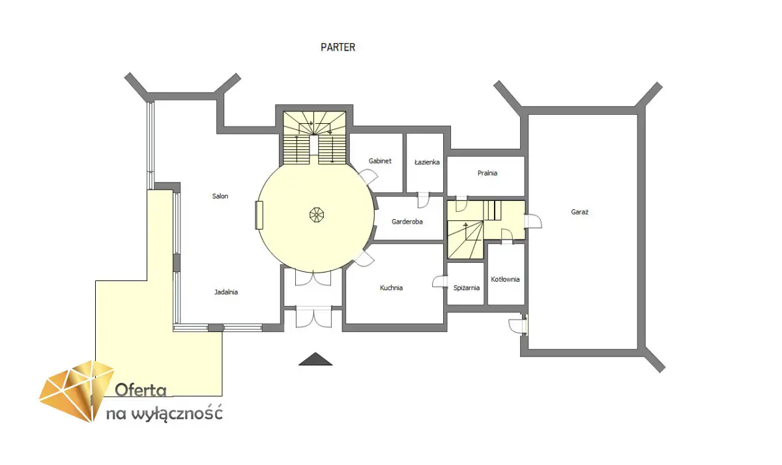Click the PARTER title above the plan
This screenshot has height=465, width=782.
tap(338, 47)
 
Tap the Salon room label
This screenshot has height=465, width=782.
tap(220, 196)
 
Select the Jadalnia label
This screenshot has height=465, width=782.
tap(226, 292)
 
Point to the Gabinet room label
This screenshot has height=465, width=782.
tap(380, 160)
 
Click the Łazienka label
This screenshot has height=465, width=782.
tap(427, 162)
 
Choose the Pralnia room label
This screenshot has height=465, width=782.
tap(487, 173)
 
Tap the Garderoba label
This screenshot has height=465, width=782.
tap(407, 222)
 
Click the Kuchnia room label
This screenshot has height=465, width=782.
tap(391, 288)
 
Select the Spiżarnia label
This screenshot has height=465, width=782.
tap(467, 288)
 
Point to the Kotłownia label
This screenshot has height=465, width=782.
tap(505, 279)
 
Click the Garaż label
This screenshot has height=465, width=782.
tap(579, 212)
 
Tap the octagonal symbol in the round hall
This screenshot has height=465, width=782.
tap(317, 215)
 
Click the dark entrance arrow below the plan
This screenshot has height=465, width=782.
tap(315, 359)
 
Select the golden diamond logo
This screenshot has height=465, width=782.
tap(77, 391)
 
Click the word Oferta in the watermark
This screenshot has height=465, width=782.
tap(140, 390)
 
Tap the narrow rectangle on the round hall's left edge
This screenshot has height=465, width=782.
tap(259, 215)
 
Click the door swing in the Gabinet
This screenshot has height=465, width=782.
tap(368, 177)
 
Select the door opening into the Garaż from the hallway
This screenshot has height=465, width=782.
tap(533, 222)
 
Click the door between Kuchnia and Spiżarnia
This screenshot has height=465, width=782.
tap(440, 282)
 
